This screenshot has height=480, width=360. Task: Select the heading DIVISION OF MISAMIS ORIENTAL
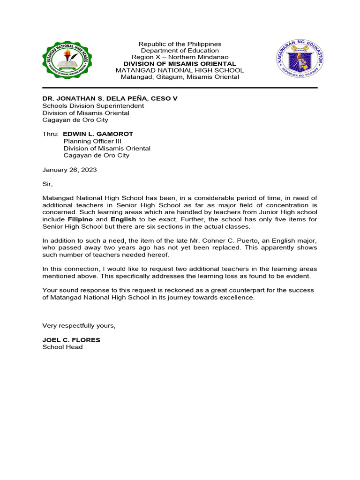(180, 64)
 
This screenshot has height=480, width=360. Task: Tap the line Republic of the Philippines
(180, 44)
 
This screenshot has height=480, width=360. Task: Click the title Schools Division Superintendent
(93, 106)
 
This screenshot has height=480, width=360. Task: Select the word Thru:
(51, 134)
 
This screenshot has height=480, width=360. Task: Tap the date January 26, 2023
(69, 170)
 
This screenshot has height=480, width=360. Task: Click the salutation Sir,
(48, 184)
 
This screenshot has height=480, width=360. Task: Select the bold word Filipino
(80, 219)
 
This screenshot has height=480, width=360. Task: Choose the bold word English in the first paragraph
(123, 219)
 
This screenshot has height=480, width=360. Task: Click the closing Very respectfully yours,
(79, 326)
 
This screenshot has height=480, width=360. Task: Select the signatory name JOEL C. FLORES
(71, 340)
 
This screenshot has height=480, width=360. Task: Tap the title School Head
(62, 347)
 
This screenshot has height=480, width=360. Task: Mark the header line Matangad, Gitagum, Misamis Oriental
(180, 77)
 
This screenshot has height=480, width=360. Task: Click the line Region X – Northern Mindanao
(180, 57)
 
